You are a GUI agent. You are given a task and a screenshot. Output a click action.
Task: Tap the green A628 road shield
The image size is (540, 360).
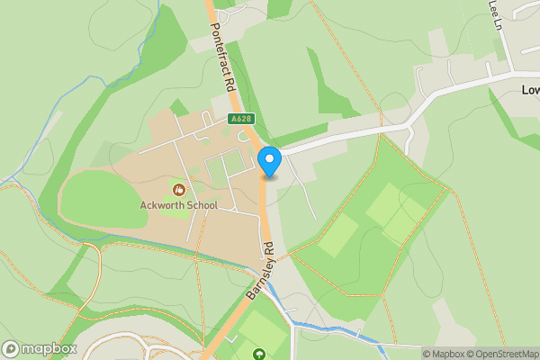(240, 119)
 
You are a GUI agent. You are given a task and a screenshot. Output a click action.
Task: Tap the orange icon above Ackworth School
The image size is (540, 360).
(178, 190)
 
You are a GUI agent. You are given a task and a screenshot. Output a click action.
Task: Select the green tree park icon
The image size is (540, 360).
(260, 354)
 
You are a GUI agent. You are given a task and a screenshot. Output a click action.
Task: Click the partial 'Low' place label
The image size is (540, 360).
(530, 90)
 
